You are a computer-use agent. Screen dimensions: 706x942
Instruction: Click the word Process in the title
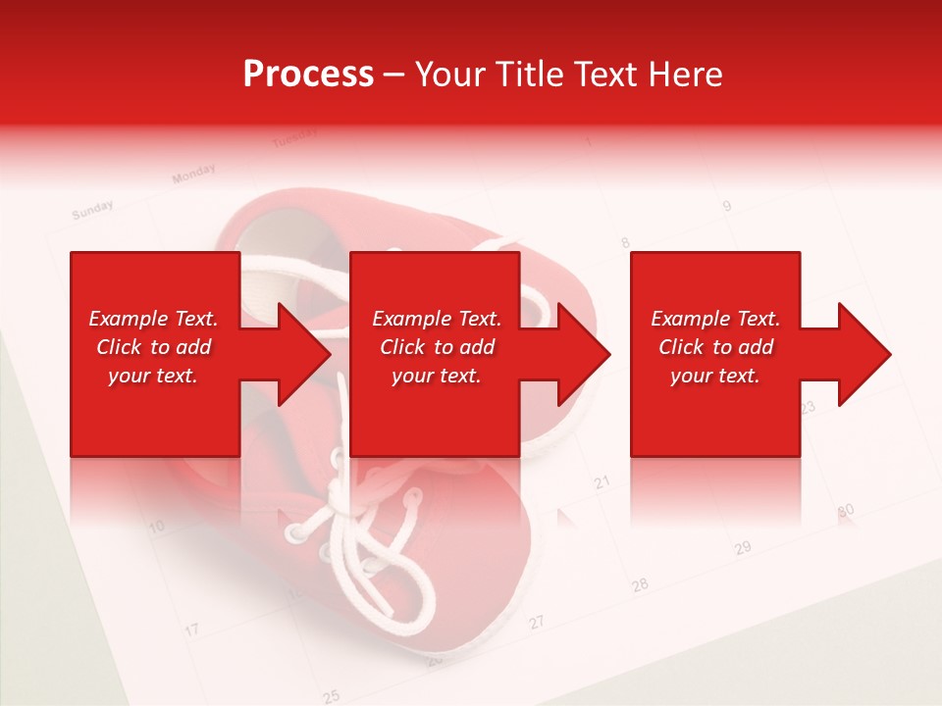(x=308, y=75)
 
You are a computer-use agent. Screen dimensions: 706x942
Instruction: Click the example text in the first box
(x=153, y=347)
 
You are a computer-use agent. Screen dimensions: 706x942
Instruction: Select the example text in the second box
(x=436, y=347)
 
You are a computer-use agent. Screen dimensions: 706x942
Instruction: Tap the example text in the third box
(x=715, y=347)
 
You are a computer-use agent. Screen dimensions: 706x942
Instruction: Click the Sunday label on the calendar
(x=93, y=209)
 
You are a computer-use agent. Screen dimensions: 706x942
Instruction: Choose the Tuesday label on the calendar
(x=293, y=138)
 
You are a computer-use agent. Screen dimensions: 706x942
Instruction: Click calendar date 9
(x=726, y=206)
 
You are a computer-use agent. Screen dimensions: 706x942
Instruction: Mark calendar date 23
(x=808, y=406)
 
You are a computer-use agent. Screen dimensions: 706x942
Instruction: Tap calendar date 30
(x=846, y=511)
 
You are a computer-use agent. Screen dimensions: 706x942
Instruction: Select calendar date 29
(x=743, y=547)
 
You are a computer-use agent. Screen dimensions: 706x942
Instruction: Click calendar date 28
(x=640, y=584)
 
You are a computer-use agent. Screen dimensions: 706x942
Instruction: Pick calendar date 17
(x=192, y=629)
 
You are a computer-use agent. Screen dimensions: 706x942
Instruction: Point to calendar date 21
(x=602, y=481)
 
